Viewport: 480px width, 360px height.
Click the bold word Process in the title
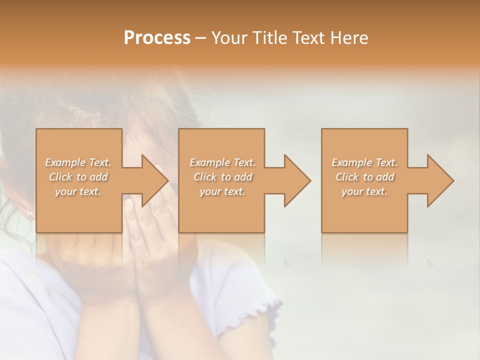coord(157,38)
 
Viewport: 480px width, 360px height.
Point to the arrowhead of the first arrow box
coord(155,180)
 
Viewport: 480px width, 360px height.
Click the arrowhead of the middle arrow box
coord(297,180)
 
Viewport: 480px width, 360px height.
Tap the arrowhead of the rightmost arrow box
coord(440,180)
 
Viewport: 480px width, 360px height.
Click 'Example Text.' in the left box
coord(78,162)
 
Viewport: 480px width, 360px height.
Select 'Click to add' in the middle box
coord(222,177)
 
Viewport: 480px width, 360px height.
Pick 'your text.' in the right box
coord(364,191)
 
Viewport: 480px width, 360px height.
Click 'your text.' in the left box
coord(78,191)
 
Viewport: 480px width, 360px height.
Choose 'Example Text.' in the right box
coord(364,162)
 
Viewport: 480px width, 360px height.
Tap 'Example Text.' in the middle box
coord(222,162)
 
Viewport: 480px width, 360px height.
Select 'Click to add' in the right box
coord(364,177)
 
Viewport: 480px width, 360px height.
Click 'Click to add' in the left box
coord(78,177)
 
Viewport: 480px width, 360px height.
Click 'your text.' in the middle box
coord(222,191)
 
